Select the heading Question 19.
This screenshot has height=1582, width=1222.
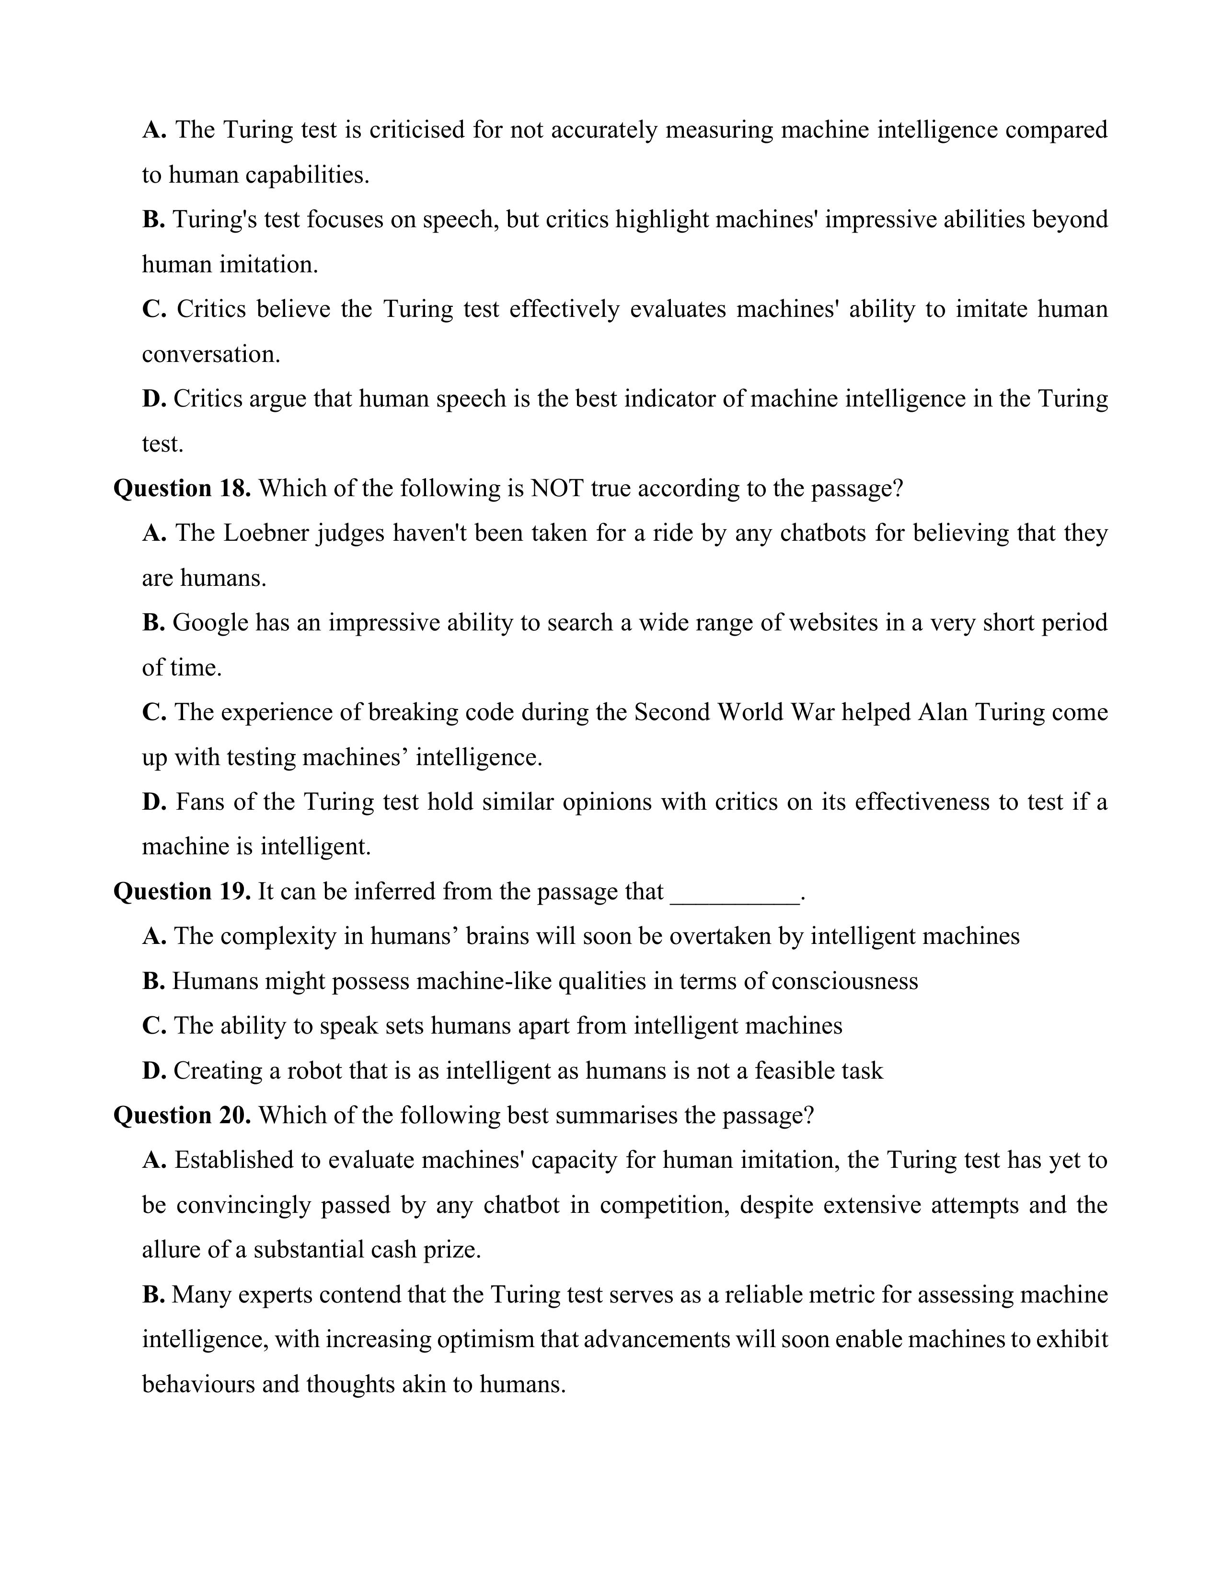pyautogui.click(x=182, y=892)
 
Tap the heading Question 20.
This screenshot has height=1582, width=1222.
pyautogui.click(x=182, y=1115)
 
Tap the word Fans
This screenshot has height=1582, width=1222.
pyautogui.click(x=200, y=802)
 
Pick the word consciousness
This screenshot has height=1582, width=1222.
pyautogui.click(x=845, y=981)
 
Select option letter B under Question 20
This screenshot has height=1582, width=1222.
pyautogui.click(x=153, y=1294)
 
